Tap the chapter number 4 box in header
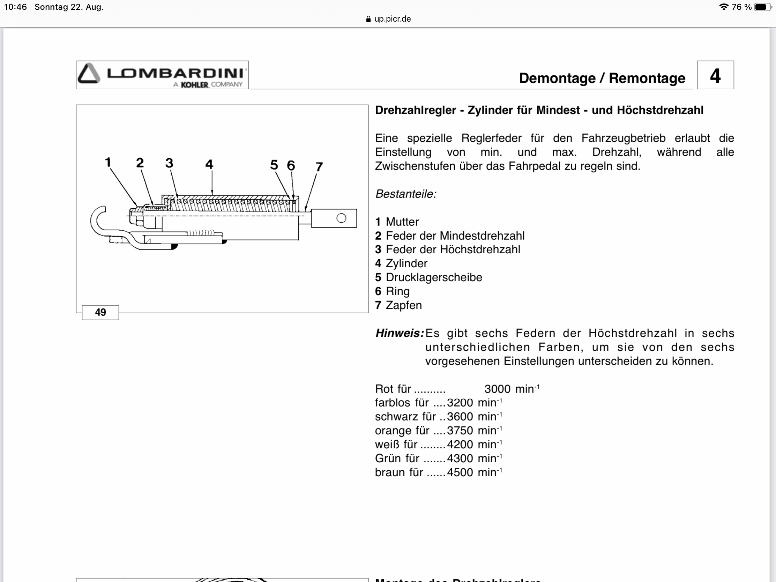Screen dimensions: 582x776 pos(715,75)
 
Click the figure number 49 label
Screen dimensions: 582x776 pos(100,312)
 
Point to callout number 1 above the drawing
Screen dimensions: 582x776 pos(108,162)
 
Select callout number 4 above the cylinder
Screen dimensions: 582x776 pos(209,164)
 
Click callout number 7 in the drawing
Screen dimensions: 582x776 pos(319,167)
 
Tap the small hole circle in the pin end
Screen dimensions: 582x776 pos(341,218)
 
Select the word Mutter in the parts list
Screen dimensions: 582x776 pos(402,222)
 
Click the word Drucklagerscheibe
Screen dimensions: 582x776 pos(434,277)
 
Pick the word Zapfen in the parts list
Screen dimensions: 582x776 pos(404,305)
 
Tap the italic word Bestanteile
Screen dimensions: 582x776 pos(405,194)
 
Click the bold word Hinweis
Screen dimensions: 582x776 pos(399,333)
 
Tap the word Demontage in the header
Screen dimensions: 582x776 pos(557,78)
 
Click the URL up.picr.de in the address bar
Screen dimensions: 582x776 pos(392,19)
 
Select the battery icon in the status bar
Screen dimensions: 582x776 pos(762,7)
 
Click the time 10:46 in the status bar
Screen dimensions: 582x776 pos(15,7)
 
